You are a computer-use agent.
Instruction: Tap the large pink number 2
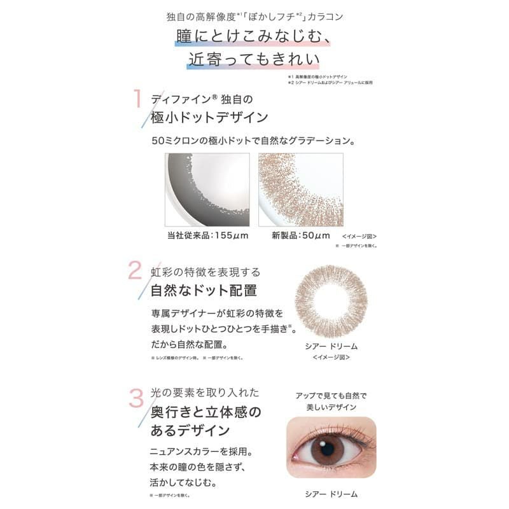click(136, 270)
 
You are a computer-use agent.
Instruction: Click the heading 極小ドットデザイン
click(209, 117)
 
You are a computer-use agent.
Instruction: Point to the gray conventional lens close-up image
click(207, 190)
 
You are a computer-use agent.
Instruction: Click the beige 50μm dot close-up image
click(300, 190)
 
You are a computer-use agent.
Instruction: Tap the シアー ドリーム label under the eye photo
click(331, 494)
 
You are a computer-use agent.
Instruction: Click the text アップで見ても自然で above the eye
click(331, 395)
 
